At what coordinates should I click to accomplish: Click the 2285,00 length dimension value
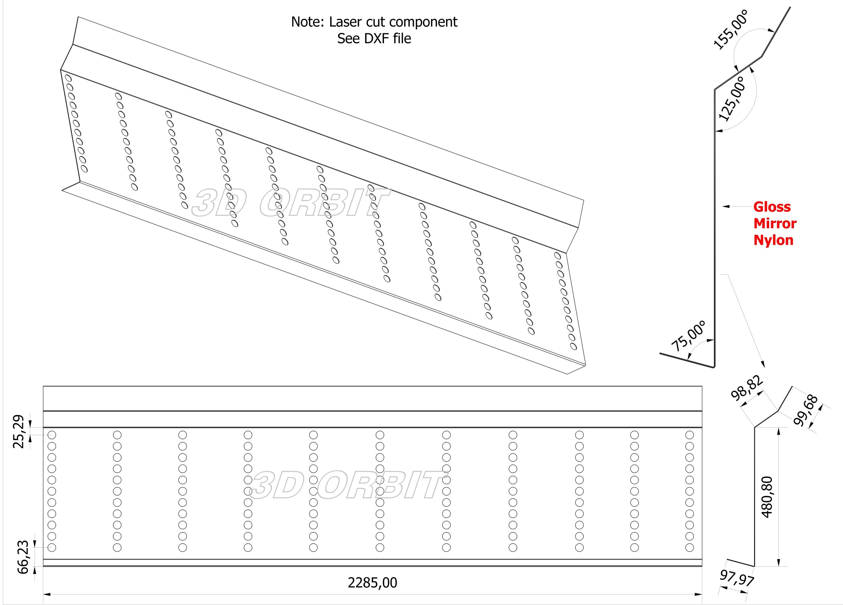(372, 582)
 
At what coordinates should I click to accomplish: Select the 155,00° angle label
(730, 30)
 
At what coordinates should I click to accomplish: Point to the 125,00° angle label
(732, 99)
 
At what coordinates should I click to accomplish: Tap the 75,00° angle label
(688, 336)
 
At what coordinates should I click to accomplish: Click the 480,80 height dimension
(767, 497)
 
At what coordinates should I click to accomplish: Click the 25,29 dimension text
(18, 431)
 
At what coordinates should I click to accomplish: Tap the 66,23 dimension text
(23, 557)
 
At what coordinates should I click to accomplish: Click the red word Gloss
(772, 207)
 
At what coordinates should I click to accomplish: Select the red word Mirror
(775, 224)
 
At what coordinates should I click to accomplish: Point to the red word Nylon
(773, 240)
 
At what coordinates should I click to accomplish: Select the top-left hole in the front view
(52, 435)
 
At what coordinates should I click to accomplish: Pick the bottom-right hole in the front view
(690, 547)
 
